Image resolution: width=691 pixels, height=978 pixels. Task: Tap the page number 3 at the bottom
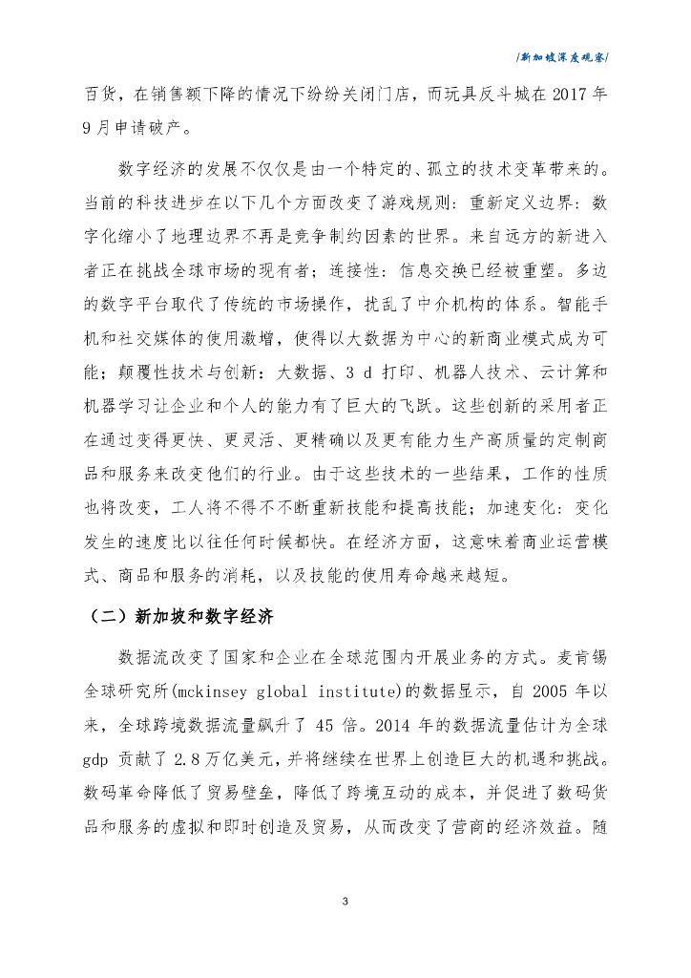point(345,901)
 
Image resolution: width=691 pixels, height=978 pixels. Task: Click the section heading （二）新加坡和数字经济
point(175,616)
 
